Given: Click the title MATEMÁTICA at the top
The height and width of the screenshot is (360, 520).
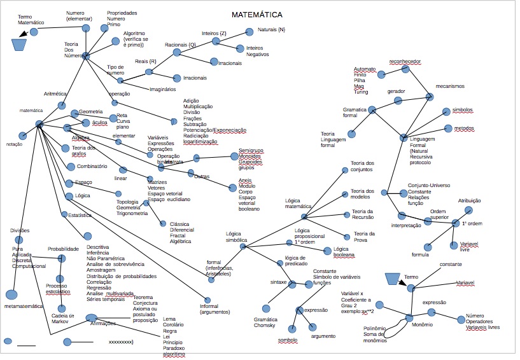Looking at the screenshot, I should coord(257,14).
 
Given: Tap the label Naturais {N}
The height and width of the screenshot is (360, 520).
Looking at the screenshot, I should coord(272,30).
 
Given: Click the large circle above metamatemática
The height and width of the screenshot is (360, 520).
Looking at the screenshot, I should coord(11,294).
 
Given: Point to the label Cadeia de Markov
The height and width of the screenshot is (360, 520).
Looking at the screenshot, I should coord(63,319).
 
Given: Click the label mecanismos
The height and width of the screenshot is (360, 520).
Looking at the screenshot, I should coord(450,86).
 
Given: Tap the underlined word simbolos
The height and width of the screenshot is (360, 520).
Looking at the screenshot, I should coord(462,109).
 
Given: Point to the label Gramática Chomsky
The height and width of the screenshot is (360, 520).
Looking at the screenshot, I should coord(264,322).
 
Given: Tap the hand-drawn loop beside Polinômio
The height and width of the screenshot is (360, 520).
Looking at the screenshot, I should coord(395,328).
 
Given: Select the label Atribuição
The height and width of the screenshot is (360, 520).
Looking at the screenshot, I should coord(469,200).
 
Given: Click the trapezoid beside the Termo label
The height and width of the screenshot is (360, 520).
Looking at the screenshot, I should coord(393,279).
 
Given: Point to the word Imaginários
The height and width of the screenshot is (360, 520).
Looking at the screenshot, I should coord(162,89).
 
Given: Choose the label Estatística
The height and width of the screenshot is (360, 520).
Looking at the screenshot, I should coord(80,215).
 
